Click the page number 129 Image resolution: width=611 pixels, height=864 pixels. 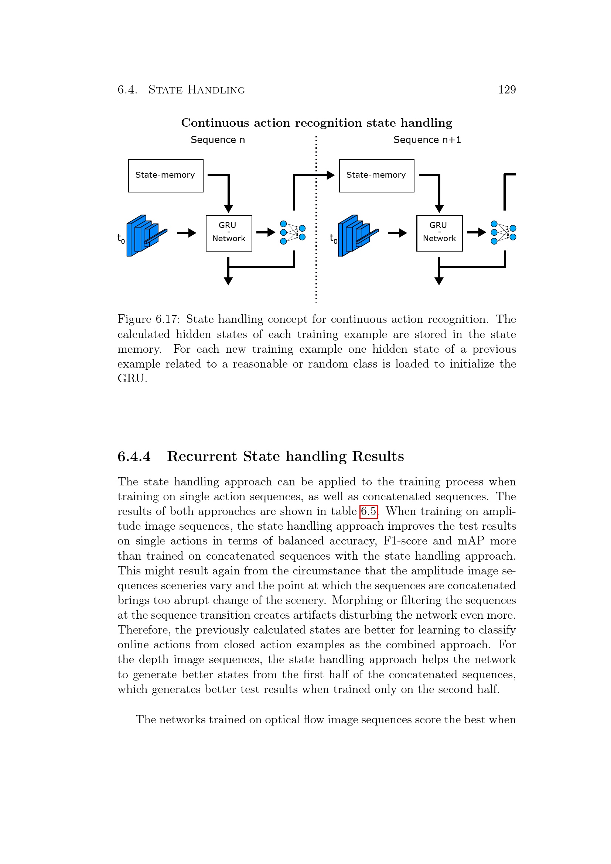coord(506,89)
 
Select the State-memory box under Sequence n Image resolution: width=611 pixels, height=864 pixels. coord(165,176)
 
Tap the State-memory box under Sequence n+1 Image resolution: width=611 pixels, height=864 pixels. coord(376,176)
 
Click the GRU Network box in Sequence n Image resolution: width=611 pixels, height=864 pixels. coord(229,233)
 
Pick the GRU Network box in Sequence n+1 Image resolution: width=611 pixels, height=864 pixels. coord(439,233)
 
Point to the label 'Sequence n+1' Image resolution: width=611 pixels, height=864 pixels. coord(427,140)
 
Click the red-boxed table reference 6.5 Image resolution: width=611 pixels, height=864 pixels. coord(368,511)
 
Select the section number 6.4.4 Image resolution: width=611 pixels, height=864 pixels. coord(134,457)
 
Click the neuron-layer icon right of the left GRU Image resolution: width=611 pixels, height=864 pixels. coord(293,233)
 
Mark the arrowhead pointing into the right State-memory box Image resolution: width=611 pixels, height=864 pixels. coord(330,175)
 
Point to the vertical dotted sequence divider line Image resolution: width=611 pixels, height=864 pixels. coord(316,226)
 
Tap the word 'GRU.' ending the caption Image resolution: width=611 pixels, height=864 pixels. coord(132,379)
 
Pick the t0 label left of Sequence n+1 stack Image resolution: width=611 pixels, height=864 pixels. coord(333,238)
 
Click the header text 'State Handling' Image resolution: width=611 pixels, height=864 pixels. coord(197,89)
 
